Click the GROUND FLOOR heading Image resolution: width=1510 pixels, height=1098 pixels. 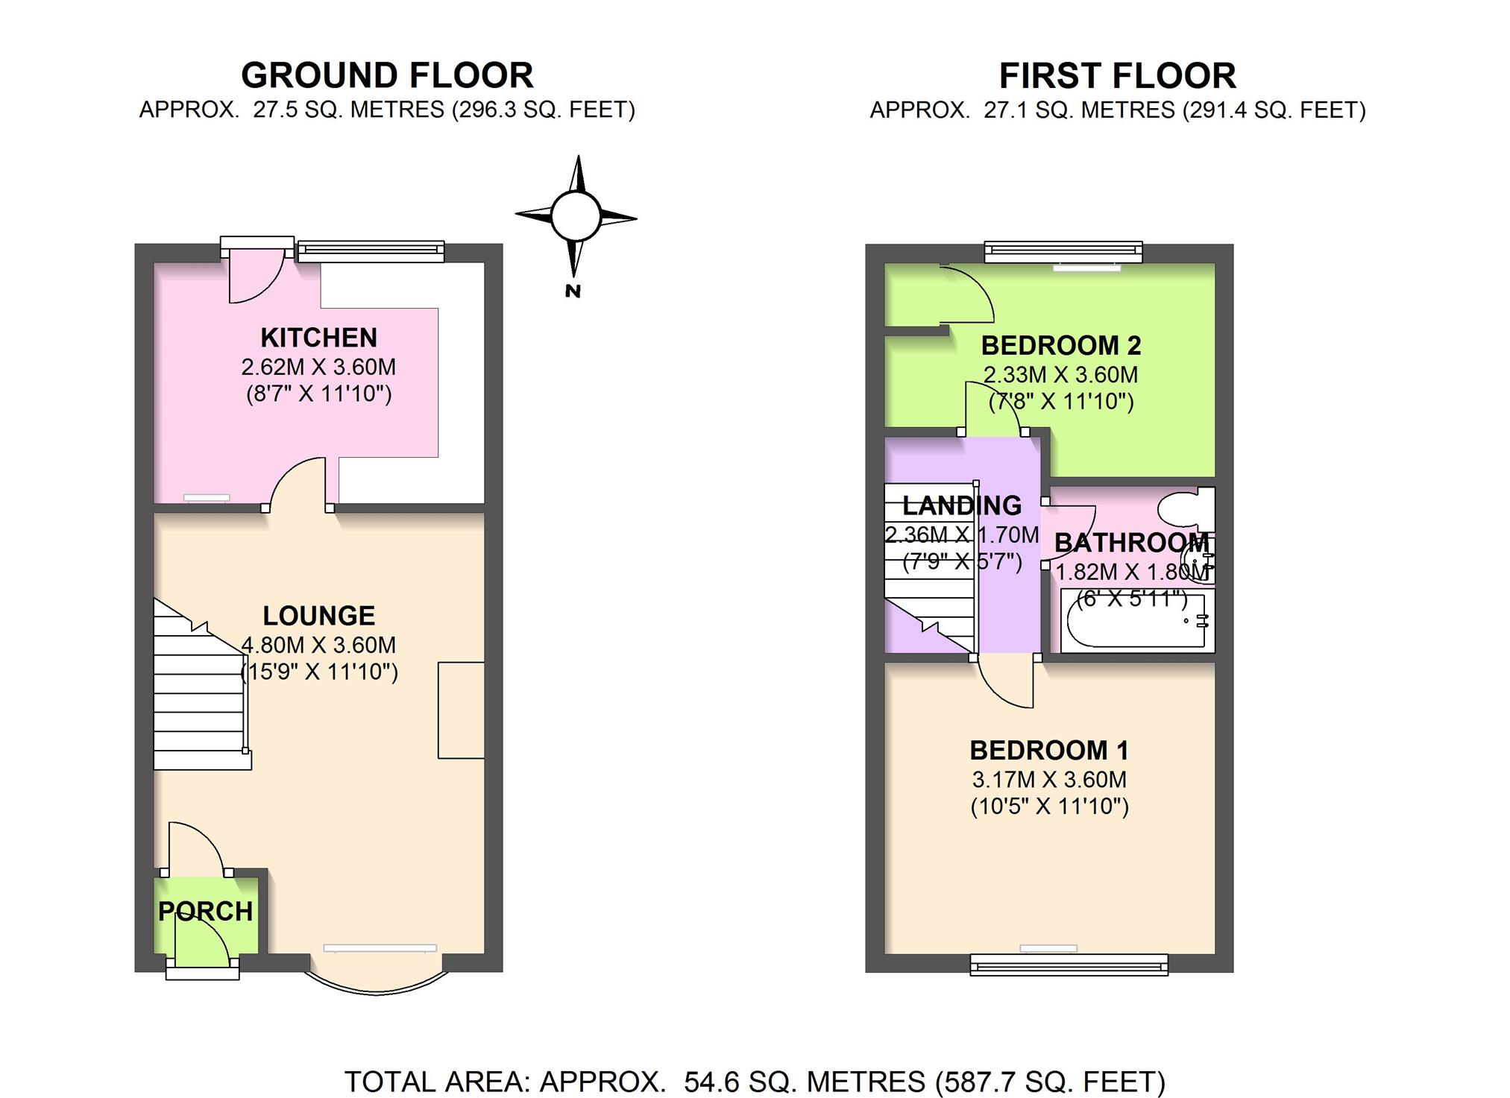[x=387, y=76]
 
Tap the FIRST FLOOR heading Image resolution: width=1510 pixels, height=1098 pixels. [x=1117, y=76]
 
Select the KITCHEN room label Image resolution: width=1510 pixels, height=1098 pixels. [x=318, y=338]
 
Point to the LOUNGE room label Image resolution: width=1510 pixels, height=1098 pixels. [x=318, y=616]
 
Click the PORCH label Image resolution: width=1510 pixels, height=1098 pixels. [x=205, y=911]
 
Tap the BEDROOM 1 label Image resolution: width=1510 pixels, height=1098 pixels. [x=1048, y=750]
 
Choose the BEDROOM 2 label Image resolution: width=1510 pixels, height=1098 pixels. [x=1060, y=345]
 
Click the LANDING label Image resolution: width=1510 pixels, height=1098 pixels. [x=962, y=505]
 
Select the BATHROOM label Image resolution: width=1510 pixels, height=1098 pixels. [x=1131, y=543]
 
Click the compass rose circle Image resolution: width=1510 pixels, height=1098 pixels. [x=575, y=216]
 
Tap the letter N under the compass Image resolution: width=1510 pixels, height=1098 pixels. [x=573, y=291]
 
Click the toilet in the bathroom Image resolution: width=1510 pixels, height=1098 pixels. [x=1186, y=508]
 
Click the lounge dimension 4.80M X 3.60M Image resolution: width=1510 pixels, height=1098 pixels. [x=318, y=645]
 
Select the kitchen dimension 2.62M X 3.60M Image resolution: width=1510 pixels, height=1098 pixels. [x=318, y=367]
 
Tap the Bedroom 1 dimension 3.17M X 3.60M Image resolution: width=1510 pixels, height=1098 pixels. [x=1048, y=780]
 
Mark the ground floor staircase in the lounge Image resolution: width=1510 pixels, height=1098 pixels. [x=201, y=686]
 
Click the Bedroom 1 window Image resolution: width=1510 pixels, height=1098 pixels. [x=1069, y=965]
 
